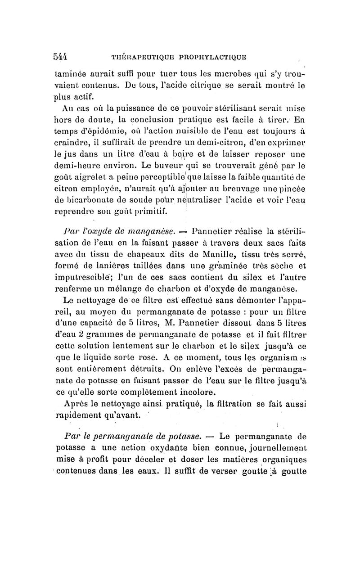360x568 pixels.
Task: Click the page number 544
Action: click(60, 56)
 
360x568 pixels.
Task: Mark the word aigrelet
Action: click(94, 167)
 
